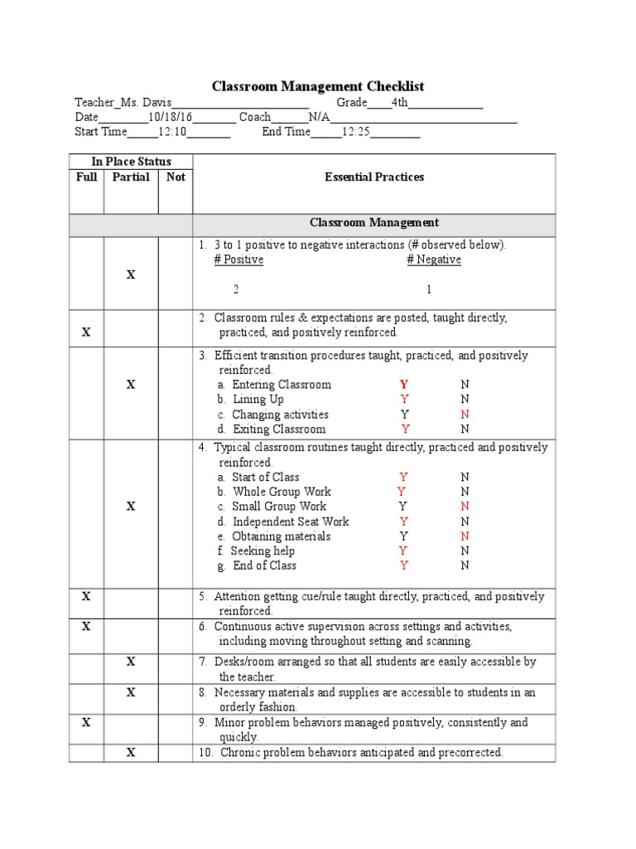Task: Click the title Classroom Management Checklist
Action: [x=318, y=86]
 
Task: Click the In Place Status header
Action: [x=131, y=162]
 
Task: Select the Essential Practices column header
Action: [x=374, y=177]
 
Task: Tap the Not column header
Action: [x=176, y=177]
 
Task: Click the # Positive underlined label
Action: [x=238, y=260]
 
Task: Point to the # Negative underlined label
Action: [x=434, y=260]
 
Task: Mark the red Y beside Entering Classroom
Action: [x=404, y=385]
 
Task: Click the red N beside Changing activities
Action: [x=465, y=415]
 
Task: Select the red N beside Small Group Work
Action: [x=465, y=507]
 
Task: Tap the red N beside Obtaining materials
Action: [x=465, y=536]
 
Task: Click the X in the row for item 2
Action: [x=85, y=332]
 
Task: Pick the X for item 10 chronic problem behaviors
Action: [x=131, y=753]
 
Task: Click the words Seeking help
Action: [x=263, y=551]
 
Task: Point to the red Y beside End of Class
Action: [x=404, y=565]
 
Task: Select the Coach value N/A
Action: [x=319, y=117]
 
